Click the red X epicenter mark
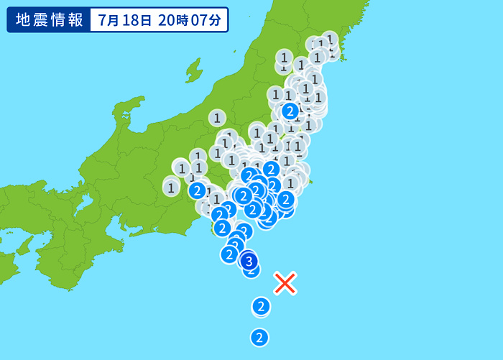pyautogui.click(x=285, y=283)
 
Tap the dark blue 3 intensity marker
pyautogui.click(x=249, y=261)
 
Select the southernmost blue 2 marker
pyautogui.click(x=259, y=336)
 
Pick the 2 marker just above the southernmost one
pyautogui.click(x=261, y=307)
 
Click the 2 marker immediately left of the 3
pyautogui.click(x=229, y=254)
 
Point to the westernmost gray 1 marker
pyautogui.click(x=171, y=188)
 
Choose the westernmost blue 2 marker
pyautogui.click(x=198, y=190)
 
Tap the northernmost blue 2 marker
pyautogui.click(x=290, y=111)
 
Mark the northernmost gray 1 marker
pyautogui.click(x=330, y=38)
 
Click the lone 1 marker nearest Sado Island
pyautogui.click(x=217, y=117)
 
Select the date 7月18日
pyautogui.click(x=125, y=19)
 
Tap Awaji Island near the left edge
pyautogui.click(x=24, y=245)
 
